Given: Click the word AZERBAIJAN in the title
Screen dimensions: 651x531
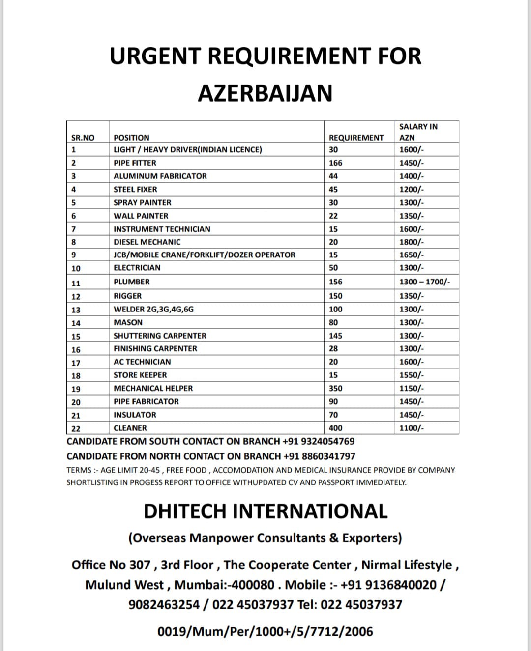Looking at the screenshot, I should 265,93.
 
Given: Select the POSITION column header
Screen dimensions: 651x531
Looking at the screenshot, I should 131,138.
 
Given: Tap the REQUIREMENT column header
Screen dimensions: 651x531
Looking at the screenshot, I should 356,138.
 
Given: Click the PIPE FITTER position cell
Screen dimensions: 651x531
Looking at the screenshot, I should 135,163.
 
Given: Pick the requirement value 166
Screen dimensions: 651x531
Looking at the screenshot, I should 335,163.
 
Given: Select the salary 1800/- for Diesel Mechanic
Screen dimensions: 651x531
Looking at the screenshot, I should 412,242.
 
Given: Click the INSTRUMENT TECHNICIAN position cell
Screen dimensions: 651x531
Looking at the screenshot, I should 162,229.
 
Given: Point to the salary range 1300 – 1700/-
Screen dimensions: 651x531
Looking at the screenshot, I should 424,282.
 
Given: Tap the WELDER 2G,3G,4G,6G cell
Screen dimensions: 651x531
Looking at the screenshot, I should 153,309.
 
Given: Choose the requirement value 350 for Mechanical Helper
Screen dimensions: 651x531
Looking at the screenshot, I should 335,388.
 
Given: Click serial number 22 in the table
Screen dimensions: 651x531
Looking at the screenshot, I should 76,428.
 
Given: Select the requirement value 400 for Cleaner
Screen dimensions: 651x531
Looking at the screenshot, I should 335,428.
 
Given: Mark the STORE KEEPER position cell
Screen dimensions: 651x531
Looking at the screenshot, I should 140,375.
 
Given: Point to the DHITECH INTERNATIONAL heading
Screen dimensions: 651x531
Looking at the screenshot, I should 265,511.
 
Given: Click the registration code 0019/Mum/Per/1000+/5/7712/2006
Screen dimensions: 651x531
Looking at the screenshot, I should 265,631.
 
